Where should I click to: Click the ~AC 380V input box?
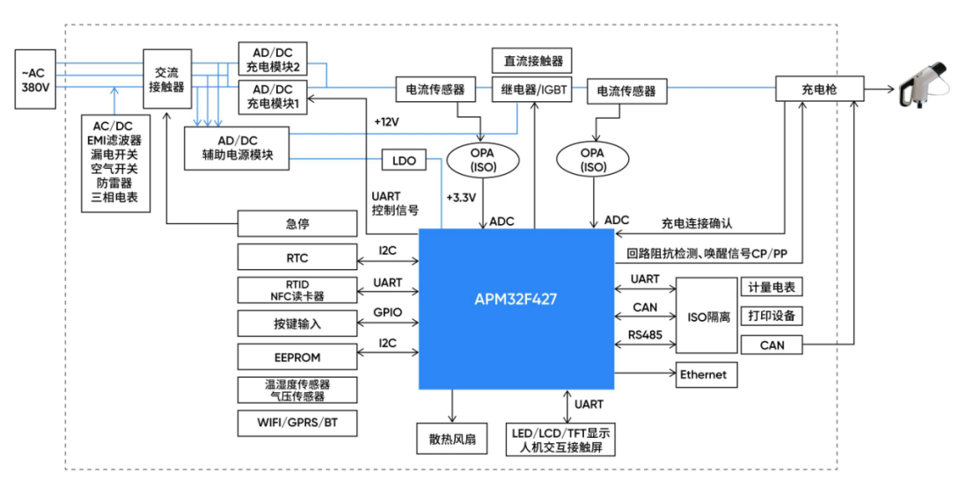pos(36,79)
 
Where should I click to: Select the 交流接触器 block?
pos(167,79)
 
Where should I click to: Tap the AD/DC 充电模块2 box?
pos(271,60)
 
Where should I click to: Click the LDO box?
pos(404,161)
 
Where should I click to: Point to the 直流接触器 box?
pos(532,62)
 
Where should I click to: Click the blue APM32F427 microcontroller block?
pos(516,299)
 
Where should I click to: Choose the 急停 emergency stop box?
pos(297,224)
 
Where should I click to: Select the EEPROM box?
pos(297,358)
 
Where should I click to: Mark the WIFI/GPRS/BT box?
pos(297,423)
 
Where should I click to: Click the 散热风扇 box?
pos(452,438)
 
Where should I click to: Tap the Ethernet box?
pos(706,374)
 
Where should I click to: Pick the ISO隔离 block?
pos(706,316)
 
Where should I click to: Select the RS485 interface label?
pos(645,335)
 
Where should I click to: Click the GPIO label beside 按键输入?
pos(387,312)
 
